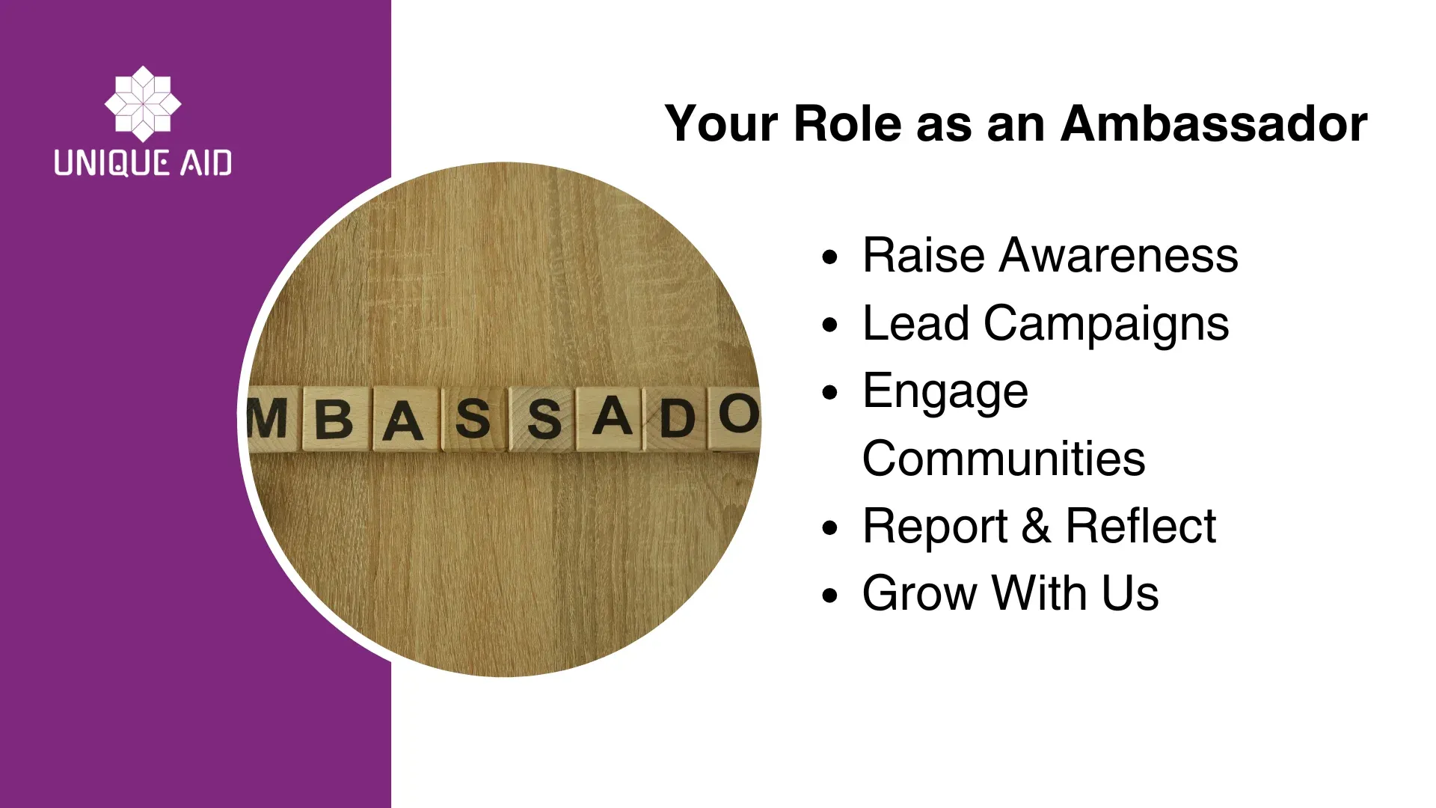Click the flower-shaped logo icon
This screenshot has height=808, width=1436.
[x=143, y=104]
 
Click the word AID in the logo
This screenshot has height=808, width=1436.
[x=206, y=162]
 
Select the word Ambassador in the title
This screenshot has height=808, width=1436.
[x=1214, y=123]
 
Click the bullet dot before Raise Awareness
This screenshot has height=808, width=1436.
[x=829, y=258]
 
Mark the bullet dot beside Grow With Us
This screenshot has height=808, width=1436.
[x=829, y=596]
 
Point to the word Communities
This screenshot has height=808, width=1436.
[x=1004, y=459]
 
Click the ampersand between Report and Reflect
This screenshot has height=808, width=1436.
[x=1036, y=526]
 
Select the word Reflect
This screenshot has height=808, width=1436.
[x=1141, y=526]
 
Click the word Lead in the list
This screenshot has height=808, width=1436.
[x=916, y=323]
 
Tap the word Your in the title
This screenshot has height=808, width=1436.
[x=722, y=123]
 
